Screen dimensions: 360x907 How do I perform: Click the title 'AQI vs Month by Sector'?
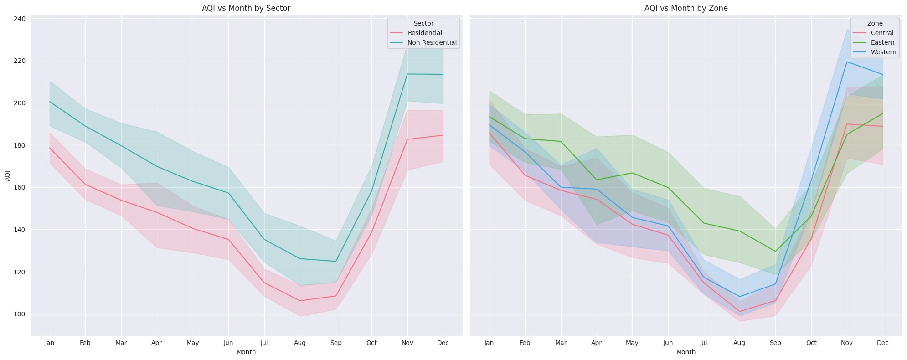(246, 8)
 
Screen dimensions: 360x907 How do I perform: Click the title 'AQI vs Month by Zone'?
(685, 8)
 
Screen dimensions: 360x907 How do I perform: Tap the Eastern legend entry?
(882, 42)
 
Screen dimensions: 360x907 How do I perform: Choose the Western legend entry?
(883, 52)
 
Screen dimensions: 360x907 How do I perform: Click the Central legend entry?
(882, 33)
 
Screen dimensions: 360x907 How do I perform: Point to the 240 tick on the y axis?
(20, 19)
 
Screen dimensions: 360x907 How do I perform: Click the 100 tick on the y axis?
(20, 314)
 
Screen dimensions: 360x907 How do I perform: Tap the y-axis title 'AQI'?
(8, 176)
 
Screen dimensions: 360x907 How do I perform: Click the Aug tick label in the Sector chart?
(299, 343)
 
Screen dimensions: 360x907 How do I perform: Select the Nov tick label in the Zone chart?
(847, 343)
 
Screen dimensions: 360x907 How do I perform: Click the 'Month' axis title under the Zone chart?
(685, 352)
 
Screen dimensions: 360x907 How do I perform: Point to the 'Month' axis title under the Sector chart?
(246, 352)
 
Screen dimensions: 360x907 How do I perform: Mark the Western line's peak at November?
(847, 62)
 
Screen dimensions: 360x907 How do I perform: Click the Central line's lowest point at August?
(739, 312)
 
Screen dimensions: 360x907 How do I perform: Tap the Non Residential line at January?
(50, 102)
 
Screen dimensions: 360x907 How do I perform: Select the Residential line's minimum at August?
(299, 301)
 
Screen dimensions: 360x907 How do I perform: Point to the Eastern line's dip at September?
(775, 252)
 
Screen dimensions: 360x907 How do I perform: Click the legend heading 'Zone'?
(875, 23)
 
